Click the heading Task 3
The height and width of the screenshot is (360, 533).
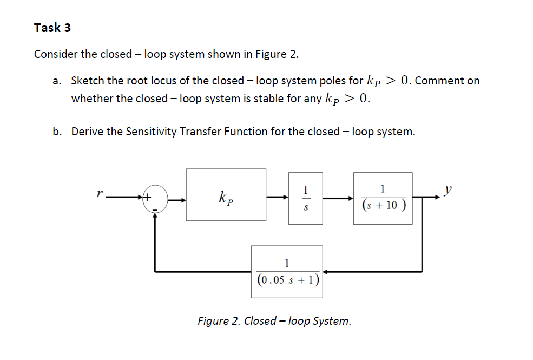[52, 28]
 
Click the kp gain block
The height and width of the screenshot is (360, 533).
[226, 195]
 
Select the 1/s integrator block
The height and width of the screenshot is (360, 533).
[306, 198]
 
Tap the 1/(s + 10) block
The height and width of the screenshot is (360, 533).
[383, 198]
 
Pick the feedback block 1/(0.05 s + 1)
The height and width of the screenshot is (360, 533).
[287, 272]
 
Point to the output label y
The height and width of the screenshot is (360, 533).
[446, 190]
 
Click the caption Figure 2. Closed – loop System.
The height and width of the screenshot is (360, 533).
[274, 320]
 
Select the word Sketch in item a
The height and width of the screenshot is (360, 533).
[88, 81]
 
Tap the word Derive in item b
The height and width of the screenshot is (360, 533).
[88, 132]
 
